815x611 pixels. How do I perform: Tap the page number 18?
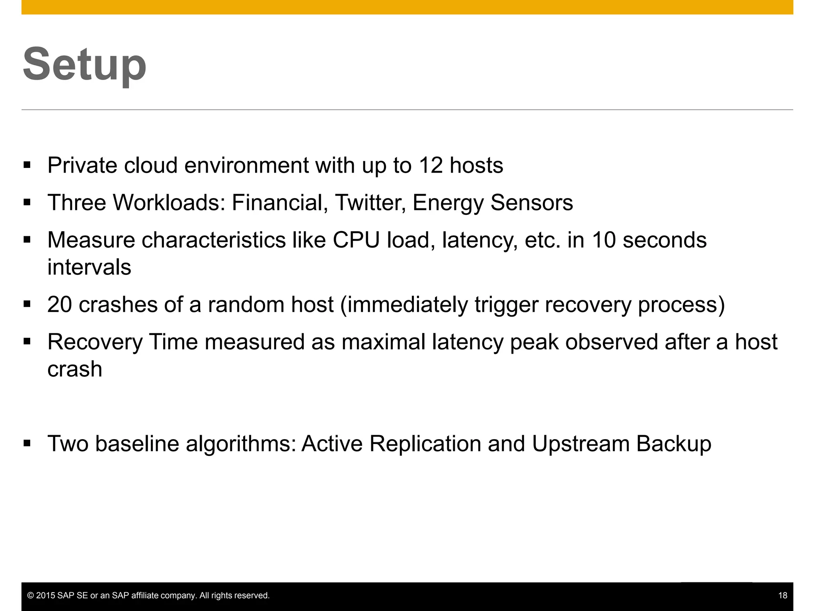coord(782,595)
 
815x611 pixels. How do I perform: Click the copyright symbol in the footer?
coord(30,595)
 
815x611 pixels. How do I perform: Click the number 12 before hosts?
coord(430,165)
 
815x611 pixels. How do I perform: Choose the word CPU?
coord(356,240)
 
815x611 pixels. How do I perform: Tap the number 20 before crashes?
coord(59,305)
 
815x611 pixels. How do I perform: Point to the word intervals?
coord(89,267)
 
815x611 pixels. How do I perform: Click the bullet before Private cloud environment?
coord(27,165)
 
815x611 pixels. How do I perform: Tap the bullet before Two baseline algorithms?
coord(27,444)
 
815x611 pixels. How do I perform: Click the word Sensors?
coord(532,202)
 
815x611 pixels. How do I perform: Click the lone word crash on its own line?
coord(75,369)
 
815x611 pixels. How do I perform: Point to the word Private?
coord(82,165)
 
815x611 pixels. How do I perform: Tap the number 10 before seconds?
coord(604,240)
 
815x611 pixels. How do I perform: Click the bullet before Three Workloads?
coord(27,202)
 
